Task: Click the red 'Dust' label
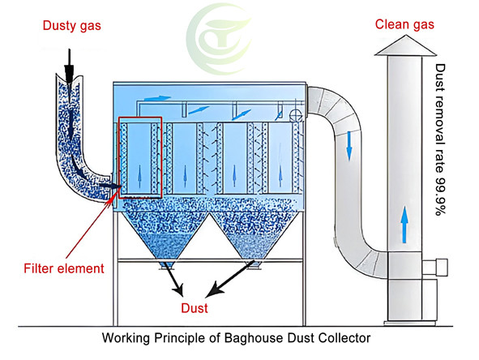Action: pyautogui.click(x=194, y=308)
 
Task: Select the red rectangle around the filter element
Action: pyautogui.click(x=140, y=157)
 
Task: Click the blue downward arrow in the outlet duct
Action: pyautogui.click(x=349, y=144)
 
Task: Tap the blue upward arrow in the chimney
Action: pyautogui.click(x=403, y=221)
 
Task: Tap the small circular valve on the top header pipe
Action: pyautogui.click(x=297, y=114)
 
